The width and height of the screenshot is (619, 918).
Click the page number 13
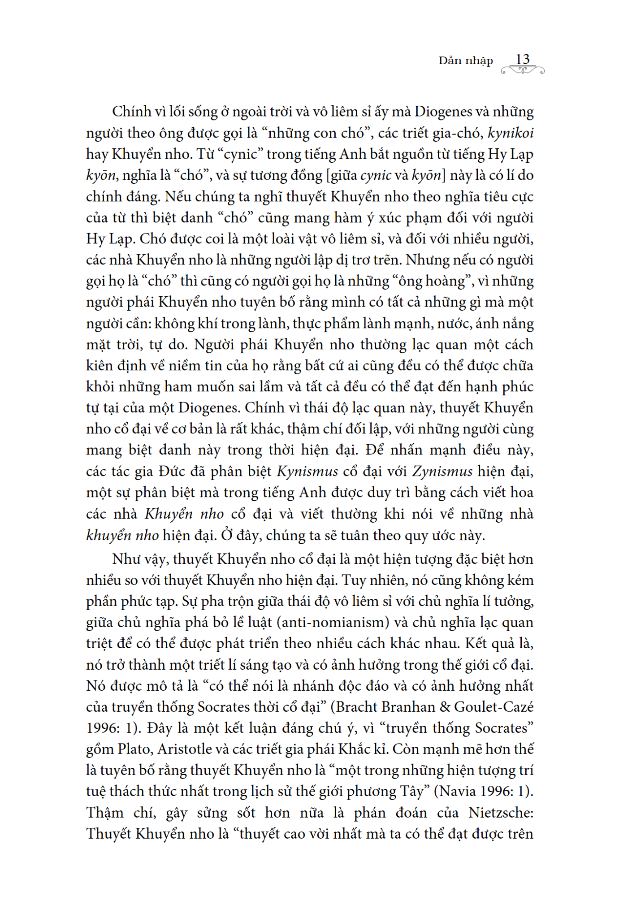click(x=522, y=59)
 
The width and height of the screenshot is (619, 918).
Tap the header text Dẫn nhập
click(x=465, y=61)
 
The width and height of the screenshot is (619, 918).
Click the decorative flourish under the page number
click(x=522, y=70)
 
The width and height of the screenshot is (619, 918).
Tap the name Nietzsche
click(x=501, y=813)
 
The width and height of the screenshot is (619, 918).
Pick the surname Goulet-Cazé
click(x=493, y=707)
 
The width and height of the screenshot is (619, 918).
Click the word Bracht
click(x=359, y=707)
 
